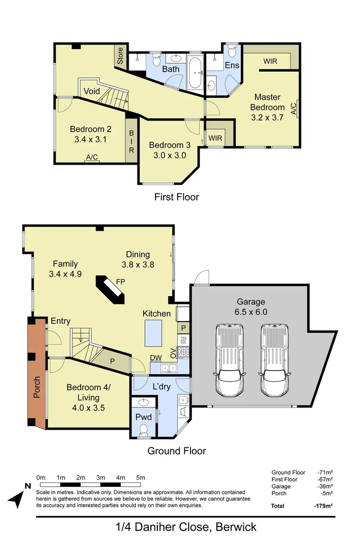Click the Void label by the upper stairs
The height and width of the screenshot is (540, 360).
91,91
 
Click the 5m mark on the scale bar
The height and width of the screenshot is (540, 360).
140,478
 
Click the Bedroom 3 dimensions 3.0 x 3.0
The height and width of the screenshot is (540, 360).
167,155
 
